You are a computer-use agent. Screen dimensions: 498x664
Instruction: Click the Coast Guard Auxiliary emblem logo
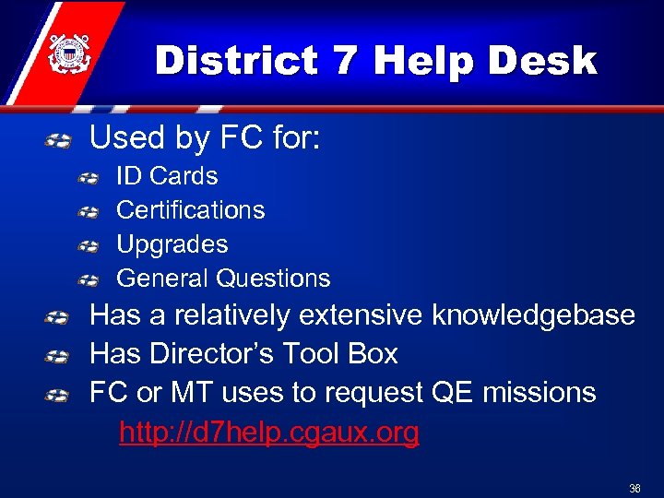pyautogui.click(x=65, y=53)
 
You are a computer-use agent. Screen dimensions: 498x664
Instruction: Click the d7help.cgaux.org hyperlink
pyautogui.click(x=268, y=432)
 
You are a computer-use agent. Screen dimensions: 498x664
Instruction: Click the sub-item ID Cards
pyautogui.click(x=167, y=176)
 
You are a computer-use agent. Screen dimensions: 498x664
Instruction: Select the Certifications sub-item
pyautogui.click(x=190, y=210)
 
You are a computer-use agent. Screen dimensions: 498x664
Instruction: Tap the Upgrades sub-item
pyautogui.click(x=172, y=244)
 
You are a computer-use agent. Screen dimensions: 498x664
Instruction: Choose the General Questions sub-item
pyautogui.click(x=222, y=279)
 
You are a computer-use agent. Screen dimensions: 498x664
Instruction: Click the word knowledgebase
pyautogui.click(x=533, y=315)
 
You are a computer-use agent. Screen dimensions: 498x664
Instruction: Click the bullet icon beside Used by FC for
pyautogui.click(x=58, y=141)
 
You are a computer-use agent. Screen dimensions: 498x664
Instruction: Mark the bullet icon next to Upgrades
pyautogui.click(x=89, y=246)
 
